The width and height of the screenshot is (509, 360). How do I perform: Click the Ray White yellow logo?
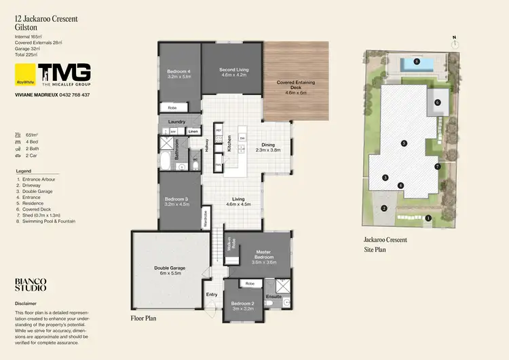click(25, 73)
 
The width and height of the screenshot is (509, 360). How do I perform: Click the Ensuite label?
click(273, 296)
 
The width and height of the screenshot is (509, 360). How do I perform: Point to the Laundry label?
click(176, 122)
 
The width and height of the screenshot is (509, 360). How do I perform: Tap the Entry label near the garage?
click(212, 294)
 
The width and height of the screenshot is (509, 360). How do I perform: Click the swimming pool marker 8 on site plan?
click(417, 61)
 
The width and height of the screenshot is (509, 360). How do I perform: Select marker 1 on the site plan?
click(428, 218)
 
